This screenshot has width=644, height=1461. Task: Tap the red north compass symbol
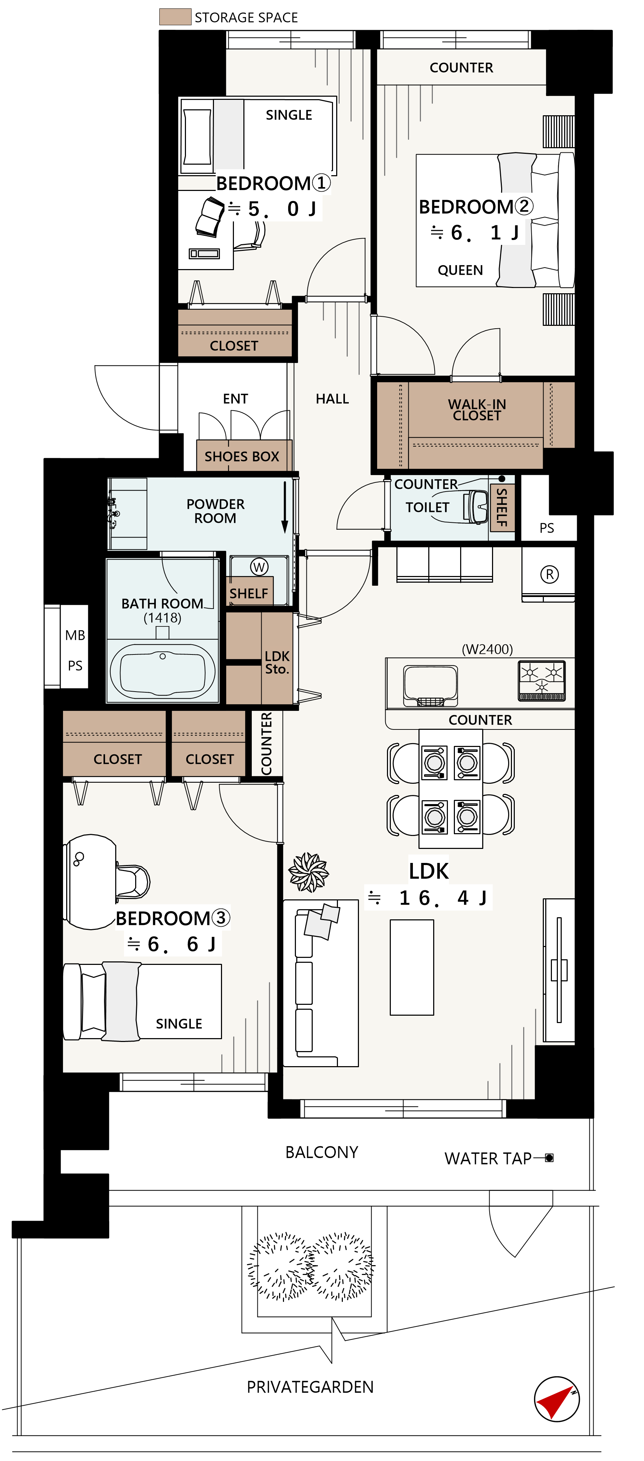[557, 1399]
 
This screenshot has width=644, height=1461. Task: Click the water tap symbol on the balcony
[549, 1158]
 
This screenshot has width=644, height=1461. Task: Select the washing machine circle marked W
[259, 567]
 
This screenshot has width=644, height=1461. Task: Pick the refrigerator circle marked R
[549, 575]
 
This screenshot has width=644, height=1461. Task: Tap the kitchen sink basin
[430, 685]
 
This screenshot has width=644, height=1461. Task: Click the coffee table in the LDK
[411, 967]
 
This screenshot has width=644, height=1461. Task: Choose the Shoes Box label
[242, 457]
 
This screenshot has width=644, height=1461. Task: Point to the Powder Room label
[215, 511]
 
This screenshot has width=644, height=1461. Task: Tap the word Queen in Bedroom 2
[460, 270]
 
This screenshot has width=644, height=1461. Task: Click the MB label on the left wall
[75, 635]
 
